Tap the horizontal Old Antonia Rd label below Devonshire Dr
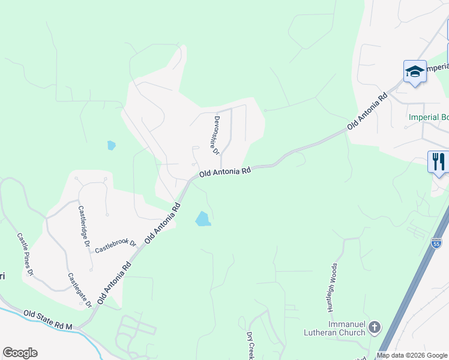pyautogui.click(x=224, y=172)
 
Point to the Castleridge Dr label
pyautogui.click(x=84, y=227)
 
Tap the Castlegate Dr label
pyautogui.click(x=80, y=289)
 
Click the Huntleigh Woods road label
pyautogui.click(x=332, y=287)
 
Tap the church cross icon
pyautogui.click(x=375, y=328)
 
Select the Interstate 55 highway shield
pyautogui.click(x=436, y=243)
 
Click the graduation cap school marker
pyautogui.click(x=415, y=72)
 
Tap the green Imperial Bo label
pyautogui.click(x=428, y=117)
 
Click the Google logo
pyautogui.click(x=20, y=353)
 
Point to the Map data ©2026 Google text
pyautogui.click(x=411, y=355)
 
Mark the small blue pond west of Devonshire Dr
pyautogui.click(x=111, y=145)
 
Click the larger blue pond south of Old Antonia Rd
pyautogui.click(x=203, y=219)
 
